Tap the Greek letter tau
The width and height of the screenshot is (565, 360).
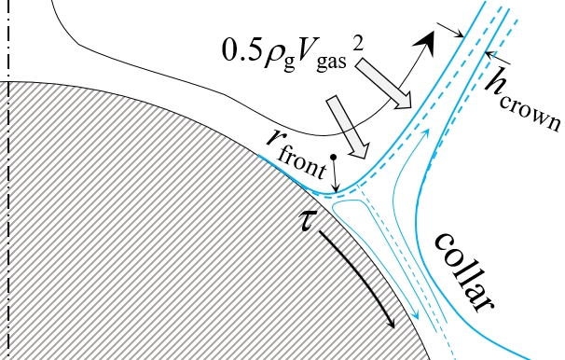302,225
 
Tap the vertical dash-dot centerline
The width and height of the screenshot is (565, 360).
8,187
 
